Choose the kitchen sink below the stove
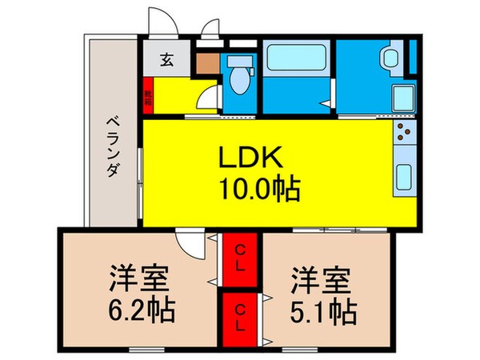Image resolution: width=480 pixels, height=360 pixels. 403,175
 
